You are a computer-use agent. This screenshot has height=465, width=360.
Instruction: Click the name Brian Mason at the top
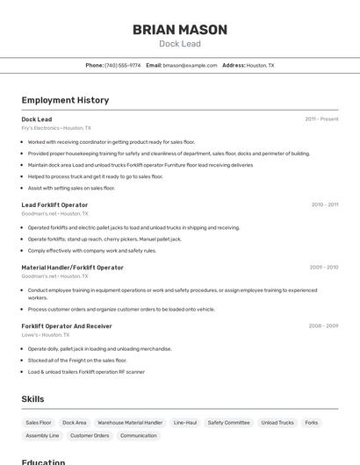coord(180,30)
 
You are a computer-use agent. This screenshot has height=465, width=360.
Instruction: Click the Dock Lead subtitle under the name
coord(180,44)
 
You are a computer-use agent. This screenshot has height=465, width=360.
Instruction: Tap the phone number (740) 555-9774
coord(122,65)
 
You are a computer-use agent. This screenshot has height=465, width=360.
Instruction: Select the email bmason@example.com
coord(190,65)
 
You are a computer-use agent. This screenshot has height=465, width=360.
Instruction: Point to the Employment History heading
coord(65,100)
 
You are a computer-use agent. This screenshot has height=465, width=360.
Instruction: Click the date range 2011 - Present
coord(321,119)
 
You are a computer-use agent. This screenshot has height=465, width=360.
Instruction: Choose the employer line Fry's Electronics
coord(56,128)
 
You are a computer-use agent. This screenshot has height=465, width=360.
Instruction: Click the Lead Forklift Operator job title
coord(54,204)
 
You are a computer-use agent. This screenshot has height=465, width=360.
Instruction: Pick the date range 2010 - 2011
coord(324,204)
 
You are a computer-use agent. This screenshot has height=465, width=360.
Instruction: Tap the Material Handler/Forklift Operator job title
coord(72,267)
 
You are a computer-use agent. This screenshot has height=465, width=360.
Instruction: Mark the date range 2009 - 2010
coord(323,267)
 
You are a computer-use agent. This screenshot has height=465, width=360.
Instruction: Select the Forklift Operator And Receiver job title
coord(67,325)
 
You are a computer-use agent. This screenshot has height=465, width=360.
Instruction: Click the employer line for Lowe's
coord(45,334)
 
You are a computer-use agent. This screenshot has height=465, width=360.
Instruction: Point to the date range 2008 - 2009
coord(323,325)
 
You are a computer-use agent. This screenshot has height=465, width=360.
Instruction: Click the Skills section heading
coord(33,399)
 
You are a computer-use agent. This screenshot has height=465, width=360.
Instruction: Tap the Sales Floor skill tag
coord(39,422)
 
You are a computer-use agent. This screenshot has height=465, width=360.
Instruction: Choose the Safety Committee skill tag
coord(228,422)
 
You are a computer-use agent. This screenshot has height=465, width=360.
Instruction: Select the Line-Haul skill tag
coord(185,422)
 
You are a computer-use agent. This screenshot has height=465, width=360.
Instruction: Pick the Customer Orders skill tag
coord(90,435)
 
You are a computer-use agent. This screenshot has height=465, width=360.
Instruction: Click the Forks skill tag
coord(312,422)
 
